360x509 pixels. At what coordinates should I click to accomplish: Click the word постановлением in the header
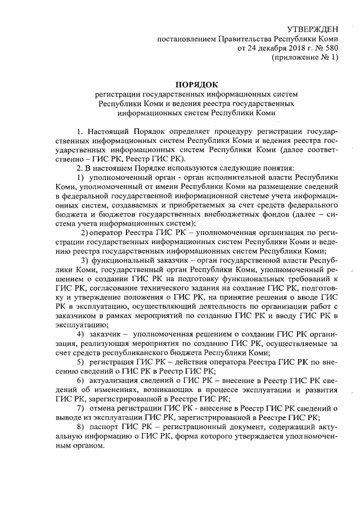tap(188, 39)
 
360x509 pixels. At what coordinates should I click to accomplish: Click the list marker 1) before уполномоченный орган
tap(80, 177)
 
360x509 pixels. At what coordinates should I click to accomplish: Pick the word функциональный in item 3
tap(125, 260)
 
